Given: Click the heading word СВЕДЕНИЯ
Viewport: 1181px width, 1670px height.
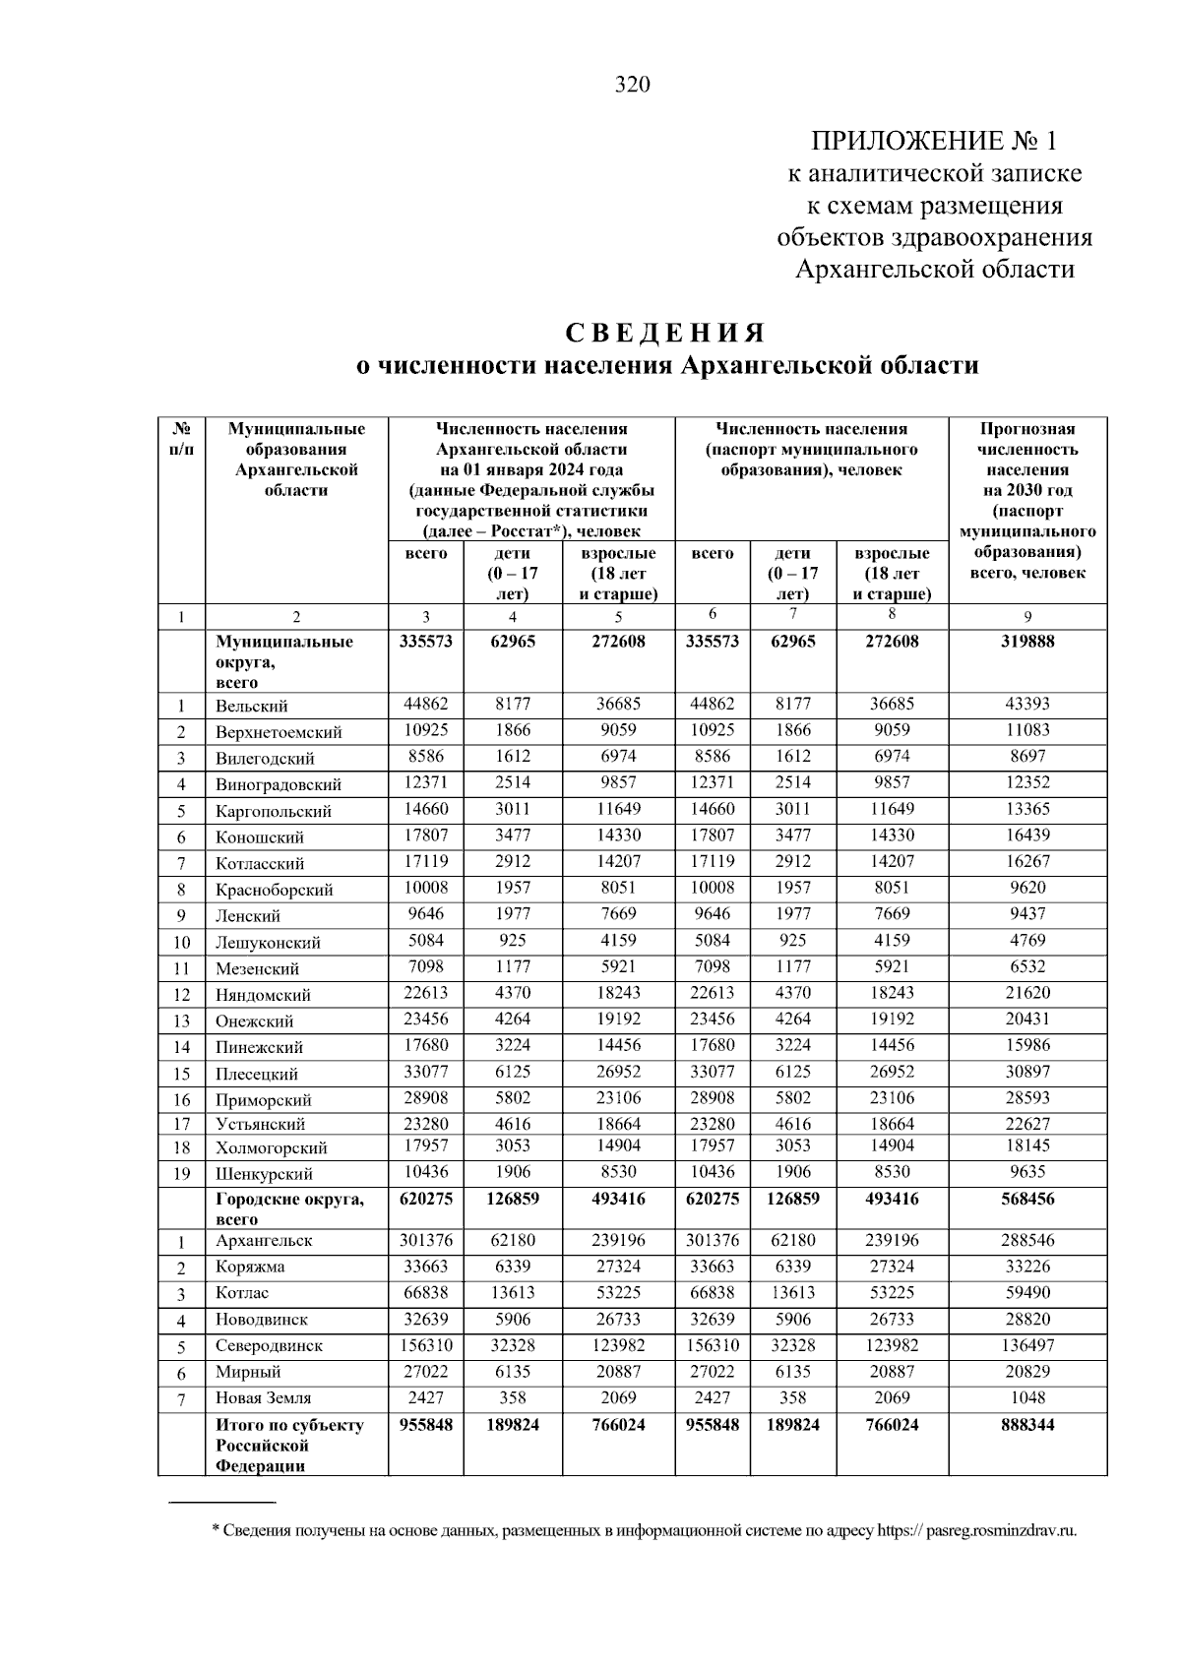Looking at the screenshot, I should click(664, 332).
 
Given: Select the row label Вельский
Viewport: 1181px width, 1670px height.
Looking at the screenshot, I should click(252, 707).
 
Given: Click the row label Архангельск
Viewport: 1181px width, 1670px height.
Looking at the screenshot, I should click(264, 1241).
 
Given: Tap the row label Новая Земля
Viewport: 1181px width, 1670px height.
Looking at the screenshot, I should click(264, 1398).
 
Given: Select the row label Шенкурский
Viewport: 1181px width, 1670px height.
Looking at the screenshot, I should click(264, 1174).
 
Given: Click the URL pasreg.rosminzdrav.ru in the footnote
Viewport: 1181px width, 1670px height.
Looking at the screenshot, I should click(1001, 1531).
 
